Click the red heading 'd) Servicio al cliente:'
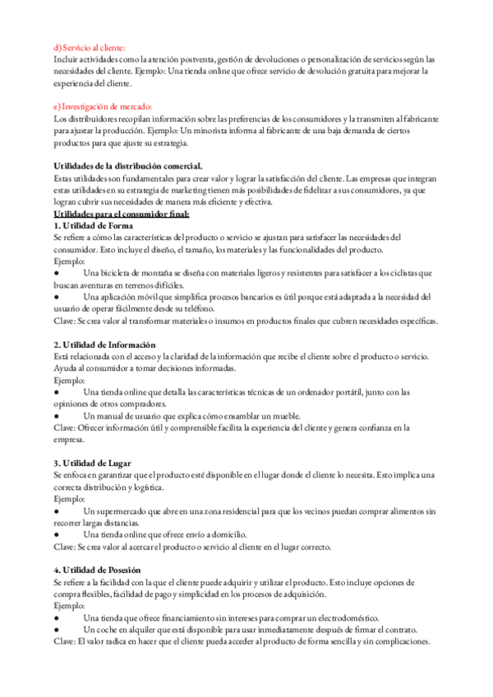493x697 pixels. point(90,48)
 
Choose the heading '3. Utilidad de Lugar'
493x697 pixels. point(93,464)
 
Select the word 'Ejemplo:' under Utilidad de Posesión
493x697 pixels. point(70,606)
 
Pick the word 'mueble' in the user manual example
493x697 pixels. point(283,416)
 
